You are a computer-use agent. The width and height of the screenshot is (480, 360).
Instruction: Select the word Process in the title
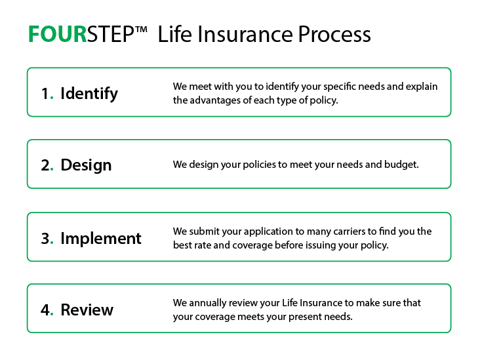tap(334, 35)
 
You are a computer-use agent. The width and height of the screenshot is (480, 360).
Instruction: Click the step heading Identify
tap(89, 93)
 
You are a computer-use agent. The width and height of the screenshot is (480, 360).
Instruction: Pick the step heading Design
tap(86, 165)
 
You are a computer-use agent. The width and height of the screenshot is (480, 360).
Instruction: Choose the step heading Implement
tap(101, 238)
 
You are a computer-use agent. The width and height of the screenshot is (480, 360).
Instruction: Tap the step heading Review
tap(87, 310)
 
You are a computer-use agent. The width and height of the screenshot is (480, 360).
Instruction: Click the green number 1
tap(45, 93)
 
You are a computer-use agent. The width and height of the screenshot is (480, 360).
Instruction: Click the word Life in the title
tap(174, 35)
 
